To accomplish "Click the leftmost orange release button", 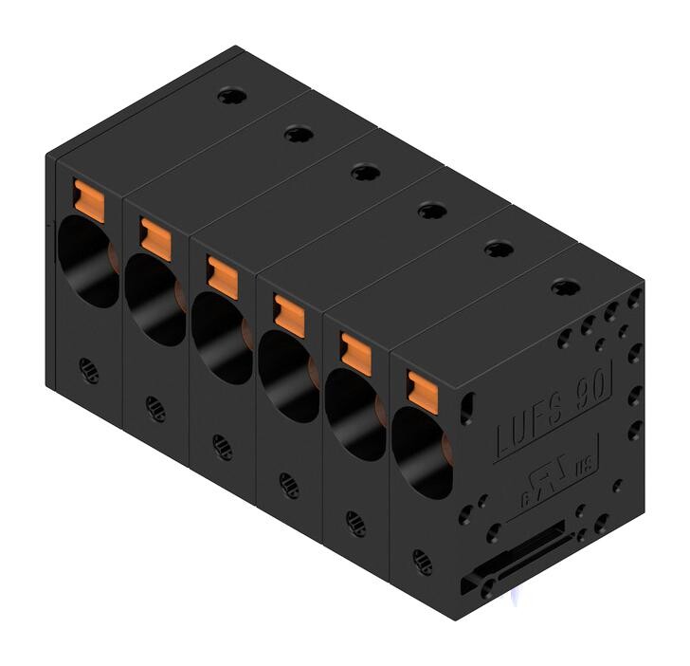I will [x=87, y=196].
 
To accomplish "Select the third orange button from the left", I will [x=222, y=272].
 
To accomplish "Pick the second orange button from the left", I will [x=154, y=236].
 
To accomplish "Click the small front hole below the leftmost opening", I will [x=87, y=367].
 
